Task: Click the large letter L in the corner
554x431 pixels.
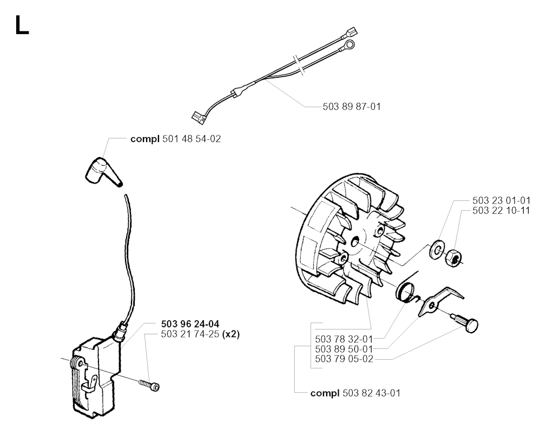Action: click(x=22, y=25)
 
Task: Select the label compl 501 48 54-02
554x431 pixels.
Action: click(x=175, y=139)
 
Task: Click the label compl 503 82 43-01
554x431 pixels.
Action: click(x=355, y=393)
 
